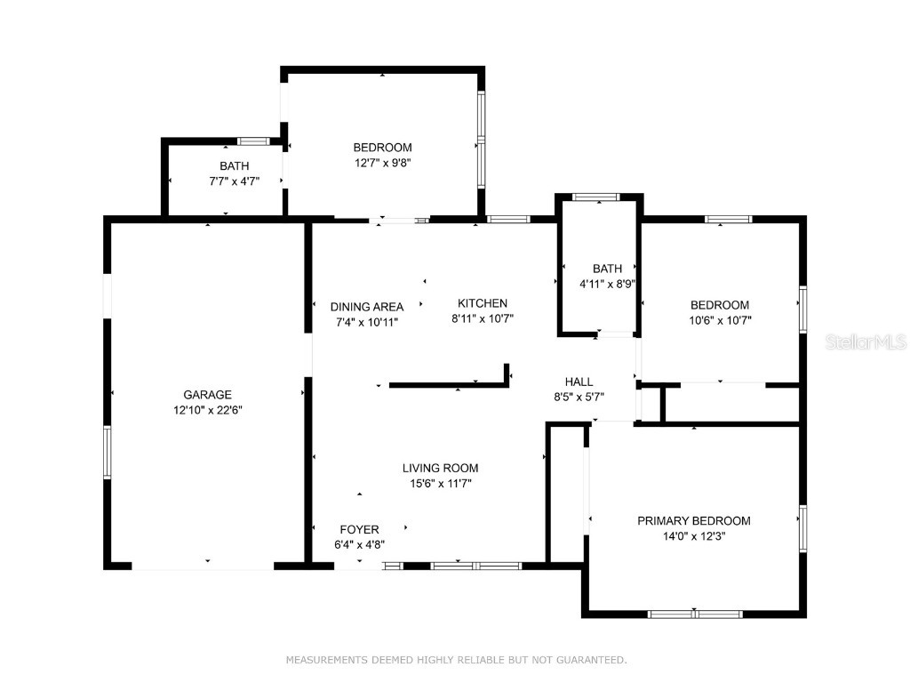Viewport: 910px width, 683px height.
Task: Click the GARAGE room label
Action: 207,395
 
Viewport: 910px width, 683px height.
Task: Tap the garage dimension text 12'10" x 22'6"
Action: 207,410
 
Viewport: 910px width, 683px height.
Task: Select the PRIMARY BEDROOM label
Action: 693,521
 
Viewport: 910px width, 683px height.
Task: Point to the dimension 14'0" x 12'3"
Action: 693,536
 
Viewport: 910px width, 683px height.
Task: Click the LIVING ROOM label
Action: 440,468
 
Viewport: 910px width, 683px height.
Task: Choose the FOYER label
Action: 359,529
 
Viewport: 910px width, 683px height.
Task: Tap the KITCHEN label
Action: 483,303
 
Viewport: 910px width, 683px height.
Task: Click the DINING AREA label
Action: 366,307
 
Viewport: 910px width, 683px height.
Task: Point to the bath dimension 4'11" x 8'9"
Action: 607,285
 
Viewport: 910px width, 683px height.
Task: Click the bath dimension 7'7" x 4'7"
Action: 227,181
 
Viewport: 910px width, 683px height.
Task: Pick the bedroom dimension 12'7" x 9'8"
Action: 382,163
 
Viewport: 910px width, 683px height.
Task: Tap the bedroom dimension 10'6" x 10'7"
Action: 720,320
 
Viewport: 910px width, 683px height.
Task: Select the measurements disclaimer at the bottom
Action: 456,660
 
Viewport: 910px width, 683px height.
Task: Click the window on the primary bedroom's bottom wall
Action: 694,614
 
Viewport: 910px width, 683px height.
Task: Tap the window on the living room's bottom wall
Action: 475,565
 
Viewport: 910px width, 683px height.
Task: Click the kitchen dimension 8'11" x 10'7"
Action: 483,318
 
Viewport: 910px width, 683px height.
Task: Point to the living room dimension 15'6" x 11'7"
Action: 440,483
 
